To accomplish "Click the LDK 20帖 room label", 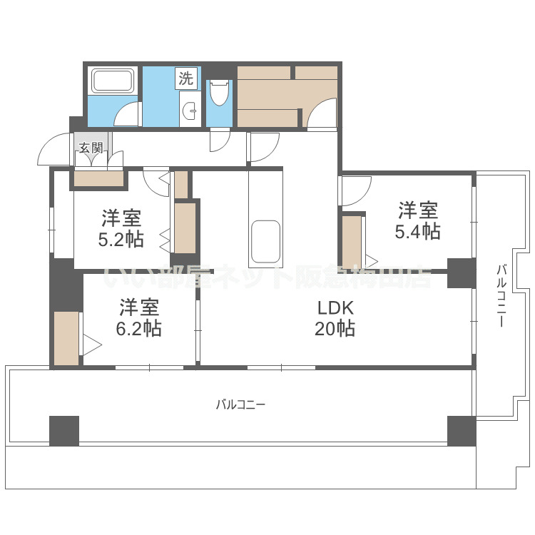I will (336, 318).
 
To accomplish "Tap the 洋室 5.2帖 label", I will (121, 227).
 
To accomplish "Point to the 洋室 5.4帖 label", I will (417, 220).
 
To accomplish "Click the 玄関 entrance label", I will (91, 148).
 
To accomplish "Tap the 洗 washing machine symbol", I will (185, 78).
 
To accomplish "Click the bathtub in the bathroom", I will (113, 82).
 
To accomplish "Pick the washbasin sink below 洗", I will (189, 111).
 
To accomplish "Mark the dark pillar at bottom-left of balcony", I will (63, 430).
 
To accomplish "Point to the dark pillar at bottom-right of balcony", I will (461, 430).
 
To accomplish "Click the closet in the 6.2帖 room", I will (66, 338).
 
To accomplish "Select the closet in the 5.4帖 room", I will (351, 240).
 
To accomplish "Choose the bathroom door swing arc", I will (128, 114).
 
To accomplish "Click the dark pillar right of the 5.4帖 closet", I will (461, 272).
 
